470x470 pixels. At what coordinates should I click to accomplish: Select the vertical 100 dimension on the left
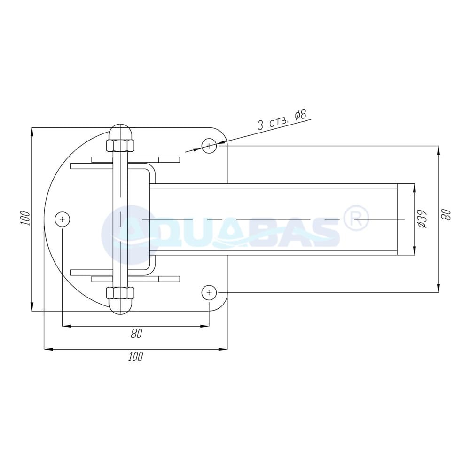pos(26,219)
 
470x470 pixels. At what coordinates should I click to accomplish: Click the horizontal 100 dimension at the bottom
pos(136,357)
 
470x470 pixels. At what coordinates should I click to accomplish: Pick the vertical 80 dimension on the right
pos(447,215)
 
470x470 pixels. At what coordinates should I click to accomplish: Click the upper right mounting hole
pos(209,146)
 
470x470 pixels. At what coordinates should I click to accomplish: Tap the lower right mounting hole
pos(209,292)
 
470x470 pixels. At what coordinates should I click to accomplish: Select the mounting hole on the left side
pos(63,219)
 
